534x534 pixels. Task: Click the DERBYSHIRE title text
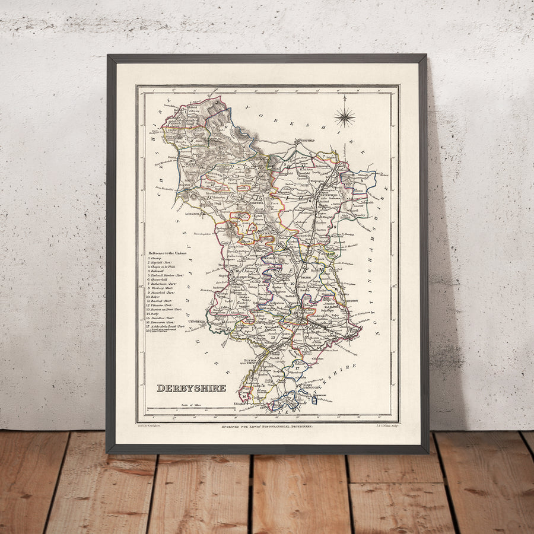click(x=191, y=388)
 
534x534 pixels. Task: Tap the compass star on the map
click(x=344, y=116)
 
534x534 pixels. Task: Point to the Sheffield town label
click(x=306, y=141)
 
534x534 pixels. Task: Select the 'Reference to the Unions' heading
click(x=176, y=253)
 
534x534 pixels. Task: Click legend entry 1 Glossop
click(x=156, y=259)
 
